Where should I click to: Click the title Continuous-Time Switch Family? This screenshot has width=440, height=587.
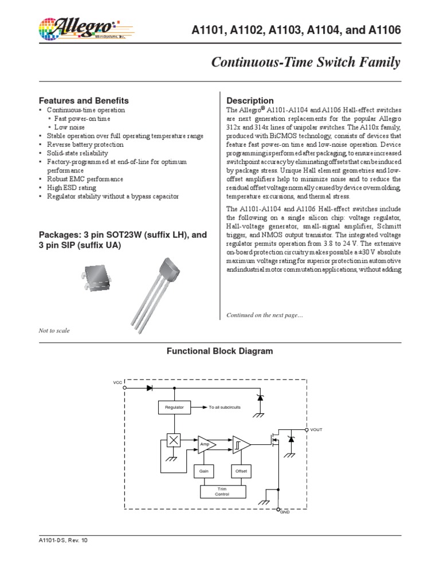click(306, 62)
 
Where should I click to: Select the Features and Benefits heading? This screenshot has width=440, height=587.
click(83, 100)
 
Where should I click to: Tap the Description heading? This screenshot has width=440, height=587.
click(250, 101)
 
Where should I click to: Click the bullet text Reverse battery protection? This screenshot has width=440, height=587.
click(85, 144)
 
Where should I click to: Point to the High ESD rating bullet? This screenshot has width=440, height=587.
click(72, 187)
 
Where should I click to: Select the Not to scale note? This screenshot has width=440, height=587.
click(54, 331)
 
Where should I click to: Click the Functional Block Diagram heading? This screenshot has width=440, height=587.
click(219, 351)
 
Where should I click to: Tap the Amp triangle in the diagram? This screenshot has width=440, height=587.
click(205, 444)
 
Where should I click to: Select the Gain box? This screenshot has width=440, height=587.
click(203, 471)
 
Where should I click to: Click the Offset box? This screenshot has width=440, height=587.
click(240, 471)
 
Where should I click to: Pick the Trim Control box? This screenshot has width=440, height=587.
click(222, 491)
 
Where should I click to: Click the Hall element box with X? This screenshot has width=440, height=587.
click(173, 440)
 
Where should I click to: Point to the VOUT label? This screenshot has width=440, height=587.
click(317, 429)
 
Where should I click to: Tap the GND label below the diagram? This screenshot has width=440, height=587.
click(285, 511)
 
